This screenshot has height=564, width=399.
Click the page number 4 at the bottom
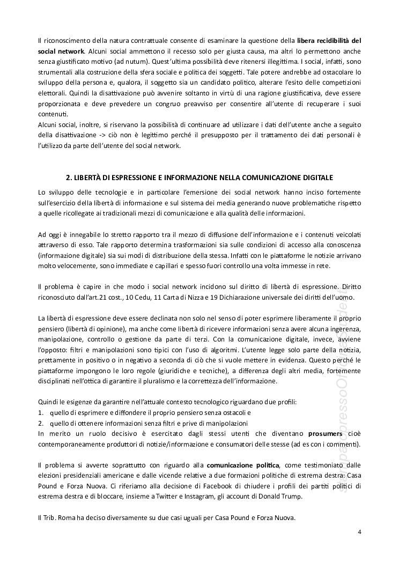(x=359, y=532)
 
